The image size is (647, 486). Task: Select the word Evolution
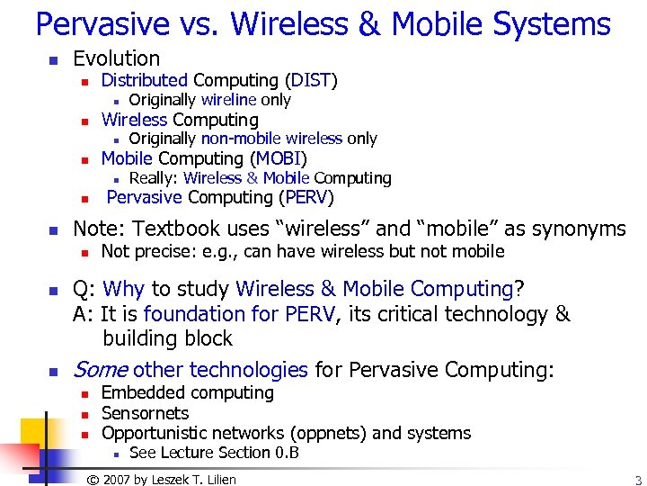coord(116,59)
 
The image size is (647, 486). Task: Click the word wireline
coord(229,100)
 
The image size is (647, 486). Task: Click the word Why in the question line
coord(125,290)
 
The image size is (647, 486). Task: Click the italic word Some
coord(100,370)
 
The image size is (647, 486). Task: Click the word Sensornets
coord(145,413)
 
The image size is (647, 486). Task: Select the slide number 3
coord(637,480)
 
